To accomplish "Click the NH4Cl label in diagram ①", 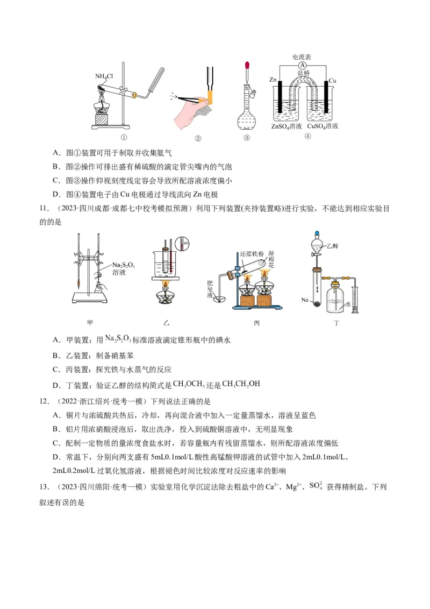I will point(104,76).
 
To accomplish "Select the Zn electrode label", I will point(273,80).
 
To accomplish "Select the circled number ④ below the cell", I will point(307,136).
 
